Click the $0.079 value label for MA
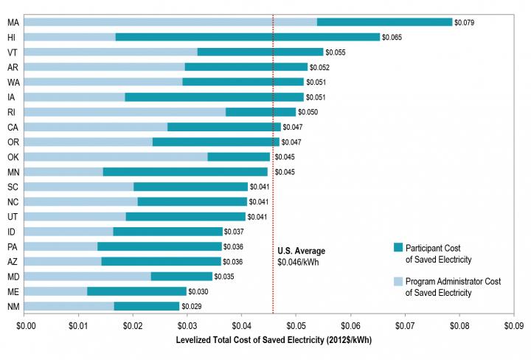pyautogui.click(x=464, y=22)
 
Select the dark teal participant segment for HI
pyautogui.click(x=247, y=37)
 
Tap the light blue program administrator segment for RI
pyautogui.click(x=125, y=112)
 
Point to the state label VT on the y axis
pyautogui.click(x=13, y=52)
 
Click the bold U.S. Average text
pyautogui.click(x=301, y=252)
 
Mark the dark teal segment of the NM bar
pyautogui.click(x=146, y=306)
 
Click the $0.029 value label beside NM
pyautogui.click(x=191, y=306)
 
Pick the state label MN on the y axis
pyautogui.click(x=13, y=172)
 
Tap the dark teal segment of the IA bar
pyautogui.click(x=214, y=97)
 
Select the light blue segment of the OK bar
pyautogui.click(x=117, y=156)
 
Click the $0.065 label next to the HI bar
pyautogui.click(x=392, y=37)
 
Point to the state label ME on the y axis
pyautogui.click(x=13, y=291)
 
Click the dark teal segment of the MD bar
pyautogui.click(x=181, y=276)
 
